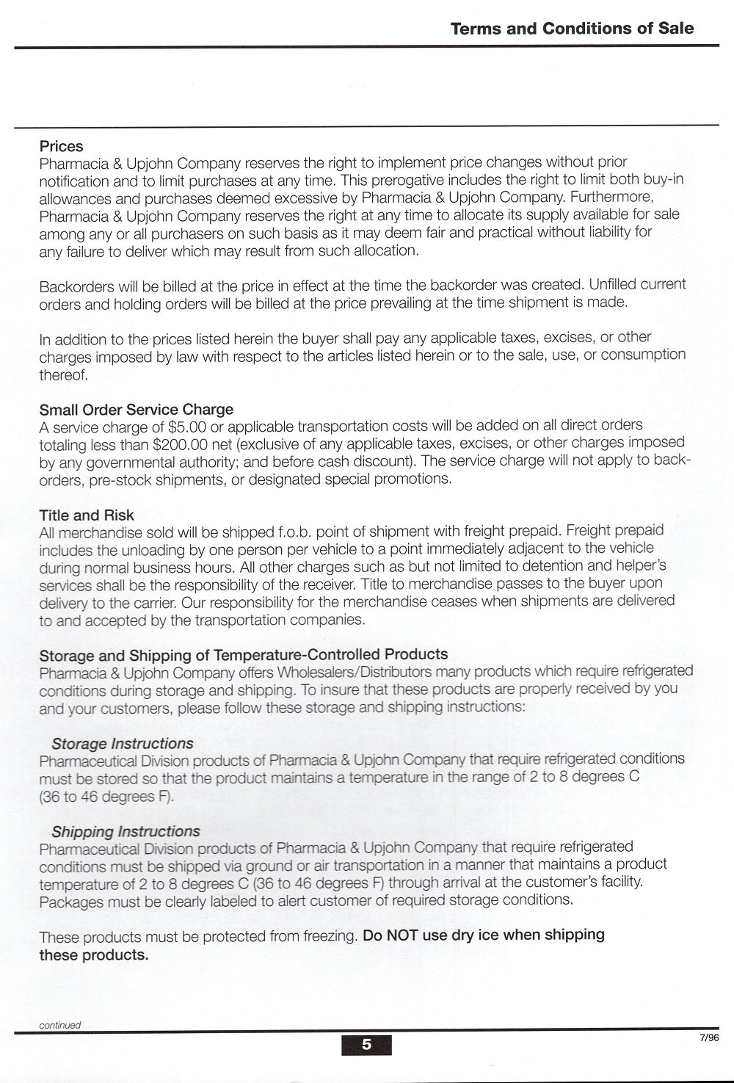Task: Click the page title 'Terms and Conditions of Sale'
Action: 572,29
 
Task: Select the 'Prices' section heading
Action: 62,146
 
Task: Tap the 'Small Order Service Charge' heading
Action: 137,409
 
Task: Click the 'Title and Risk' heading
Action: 87,515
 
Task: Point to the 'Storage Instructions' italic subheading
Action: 123,743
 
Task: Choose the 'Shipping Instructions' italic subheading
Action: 126,831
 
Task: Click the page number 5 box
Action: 366,1044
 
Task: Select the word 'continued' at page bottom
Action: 60,1025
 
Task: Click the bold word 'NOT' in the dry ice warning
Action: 402,935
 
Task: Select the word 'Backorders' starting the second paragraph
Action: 75,285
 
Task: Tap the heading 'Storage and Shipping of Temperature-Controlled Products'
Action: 244,654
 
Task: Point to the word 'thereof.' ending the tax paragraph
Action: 64,374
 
